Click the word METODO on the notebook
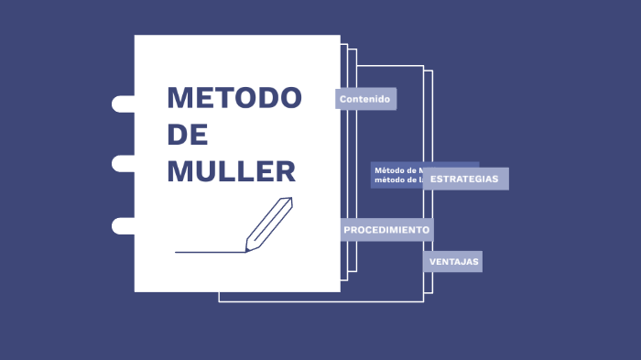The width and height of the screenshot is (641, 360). tap(234, 98)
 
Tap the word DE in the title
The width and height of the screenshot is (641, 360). tap(188, 135)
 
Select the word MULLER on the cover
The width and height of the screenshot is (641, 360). tap(231, 171)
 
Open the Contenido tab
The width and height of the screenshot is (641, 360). tap(365, 99)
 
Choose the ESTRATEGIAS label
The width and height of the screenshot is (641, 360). tap(464, 179)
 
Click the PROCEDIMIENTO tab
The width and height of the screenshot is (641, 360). tap(386, 230)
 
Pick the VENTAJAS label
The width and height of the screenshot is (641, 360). tap(453, 262)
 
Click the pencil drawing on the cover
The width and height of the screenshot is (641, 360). tap(269, 223)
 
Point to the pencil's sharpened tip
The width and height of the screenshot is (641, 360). tap(246, 249)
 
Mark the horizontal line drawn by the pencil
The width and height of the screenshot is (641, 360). tap(209, 252)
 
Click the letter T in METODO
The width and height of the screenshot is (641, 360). tap(223, 98)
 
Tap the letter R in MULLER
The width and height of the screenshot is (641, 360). tap(285, 171)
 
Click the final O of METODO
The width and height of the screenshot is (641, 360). tap(288, 98)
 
